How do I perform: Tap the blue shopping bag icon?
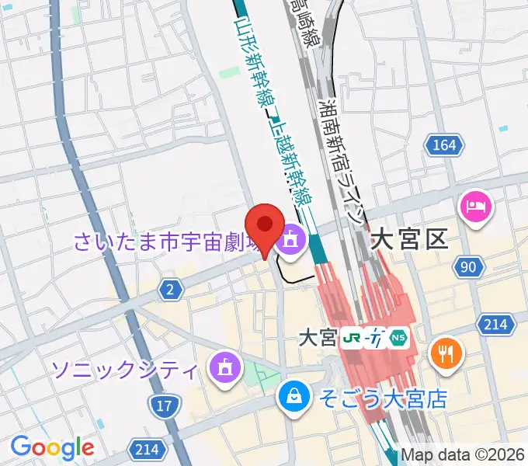[x=295, y=397]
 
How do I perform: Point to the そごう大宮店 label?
[x=384, y=399]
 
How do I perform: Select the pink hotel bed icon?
[x=475, y=207]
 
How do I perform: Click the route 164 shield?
[x=444, y=145]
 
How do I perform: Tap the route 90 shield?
[x=467, y=267]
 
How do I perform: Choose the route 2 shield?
[x=169, y=290]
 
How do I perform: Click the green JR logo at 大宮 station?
[x=353, y=339]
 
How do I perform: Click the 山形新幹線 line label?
[x=248, y=62]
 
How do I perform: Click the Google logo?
[x=52, y=447]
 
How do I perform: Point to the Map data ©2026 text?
[x=463, y=456]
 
